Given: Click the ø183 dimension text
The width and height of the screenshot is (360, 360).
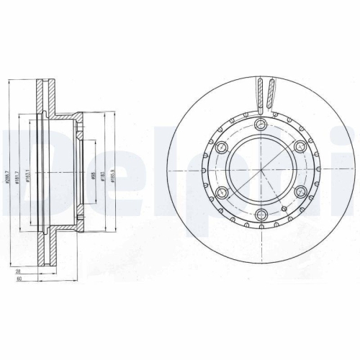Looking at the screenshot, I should tap(104, 175).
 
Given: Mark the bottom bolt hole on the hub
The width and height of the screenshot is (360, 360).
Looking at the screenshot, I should tap(261, 215).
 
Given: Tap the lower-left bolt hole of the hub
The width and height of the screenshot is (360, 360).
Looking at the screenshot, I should tap(222, 193).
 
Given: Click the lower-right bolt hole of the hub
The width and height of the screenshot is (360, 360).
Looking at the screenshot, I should tap(299, 193).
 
